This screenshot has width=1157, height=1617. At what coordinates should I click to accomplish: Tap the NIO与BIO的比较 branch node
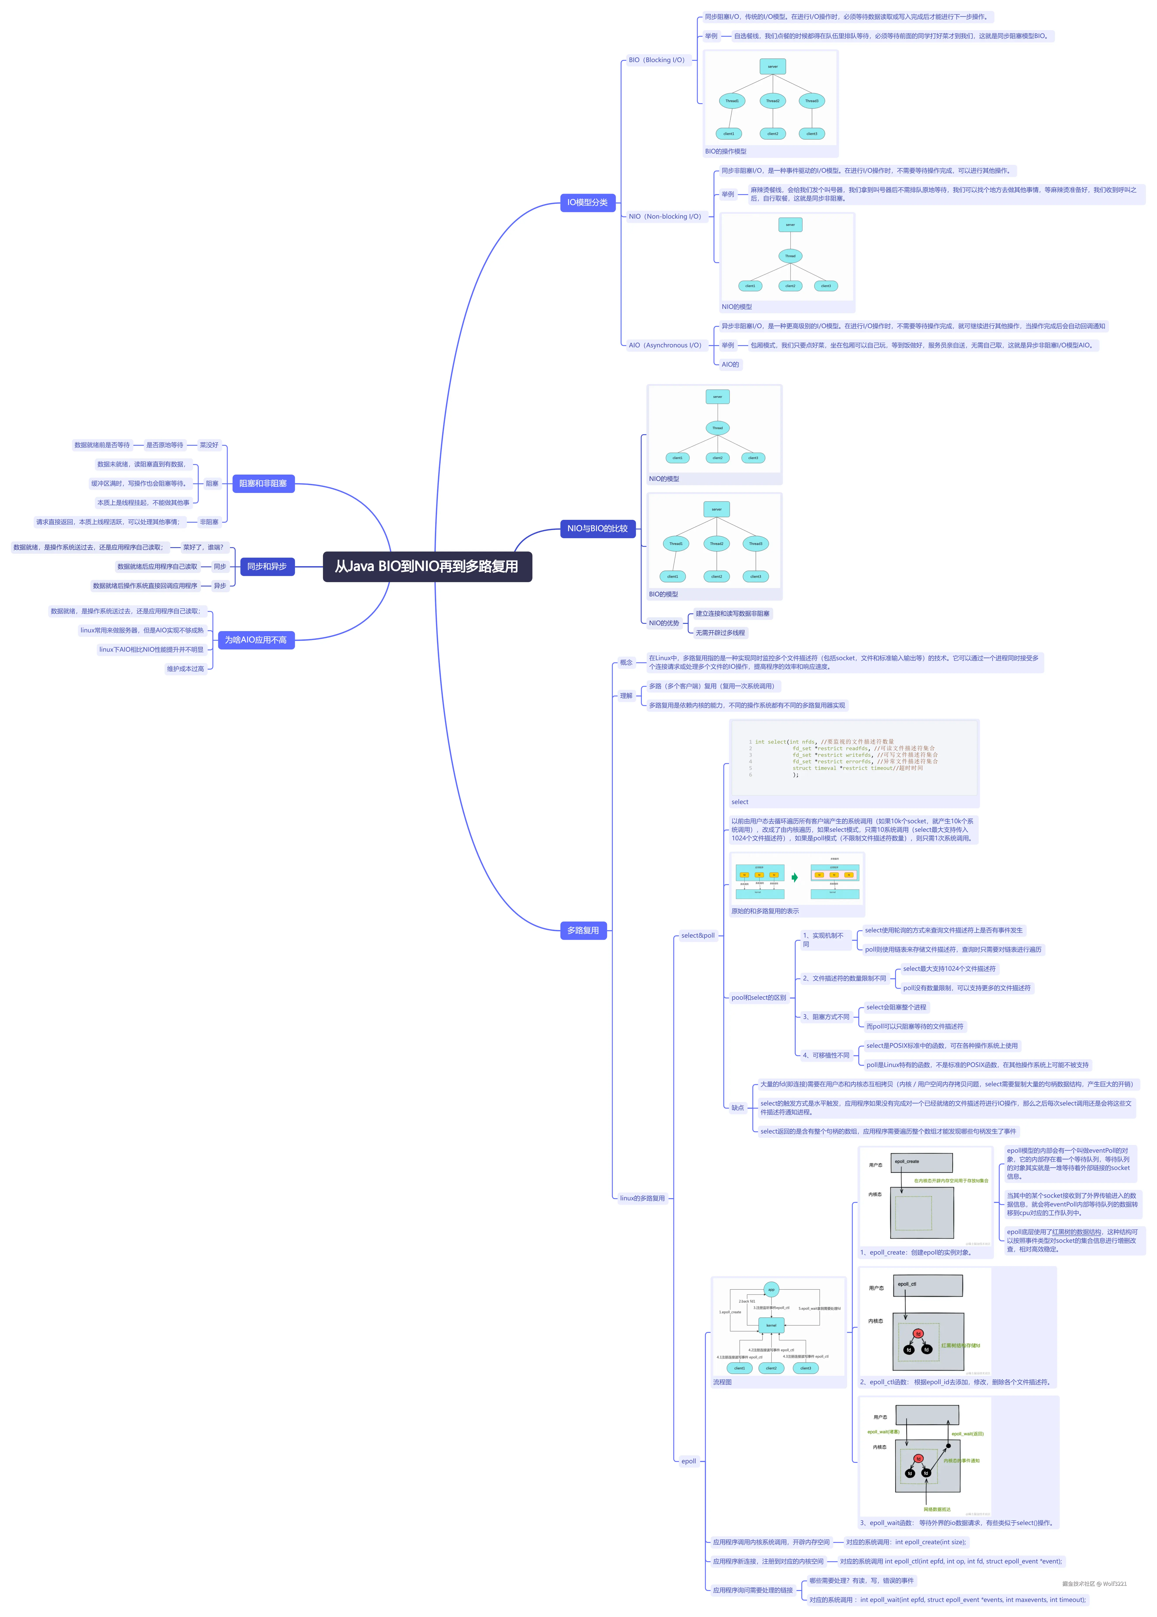point(597,529)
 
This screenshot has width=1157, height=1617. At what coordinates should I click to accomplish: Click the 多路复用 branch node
point(583,930)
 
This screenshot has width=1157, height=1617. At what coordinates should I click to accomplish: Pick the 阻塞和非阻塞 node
point(263,484)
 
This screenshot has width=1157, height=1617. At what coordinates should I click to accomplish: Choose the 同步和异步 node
point(267,566)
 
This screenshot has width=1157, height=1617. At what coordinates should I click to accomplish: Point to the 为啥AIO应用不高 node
point(256,640)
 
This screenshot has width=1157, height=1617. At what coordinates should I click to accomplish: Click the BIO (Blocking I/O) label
point(656,60)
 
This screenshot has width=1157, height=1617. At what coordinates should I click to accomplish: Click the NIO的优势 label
point(664,623)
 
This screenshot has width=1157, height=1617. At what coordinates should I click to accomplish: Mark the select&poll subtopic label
point(697,935)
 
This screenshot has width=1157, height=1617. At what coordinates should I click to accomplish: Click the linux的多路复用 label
point(642,1198)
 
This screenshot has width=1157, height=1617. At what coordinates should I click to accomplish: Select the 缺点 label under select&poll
point(737,1108)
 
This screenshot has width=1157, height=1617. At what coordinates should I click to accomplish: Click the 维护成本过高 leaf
point(185,669)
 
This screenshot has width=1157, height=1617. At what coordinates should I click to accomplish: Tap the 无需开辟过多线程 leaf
point(720,633)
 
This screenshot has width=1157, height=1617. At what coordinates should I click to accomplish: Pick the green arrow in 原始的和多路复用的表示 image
point(794,878)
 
